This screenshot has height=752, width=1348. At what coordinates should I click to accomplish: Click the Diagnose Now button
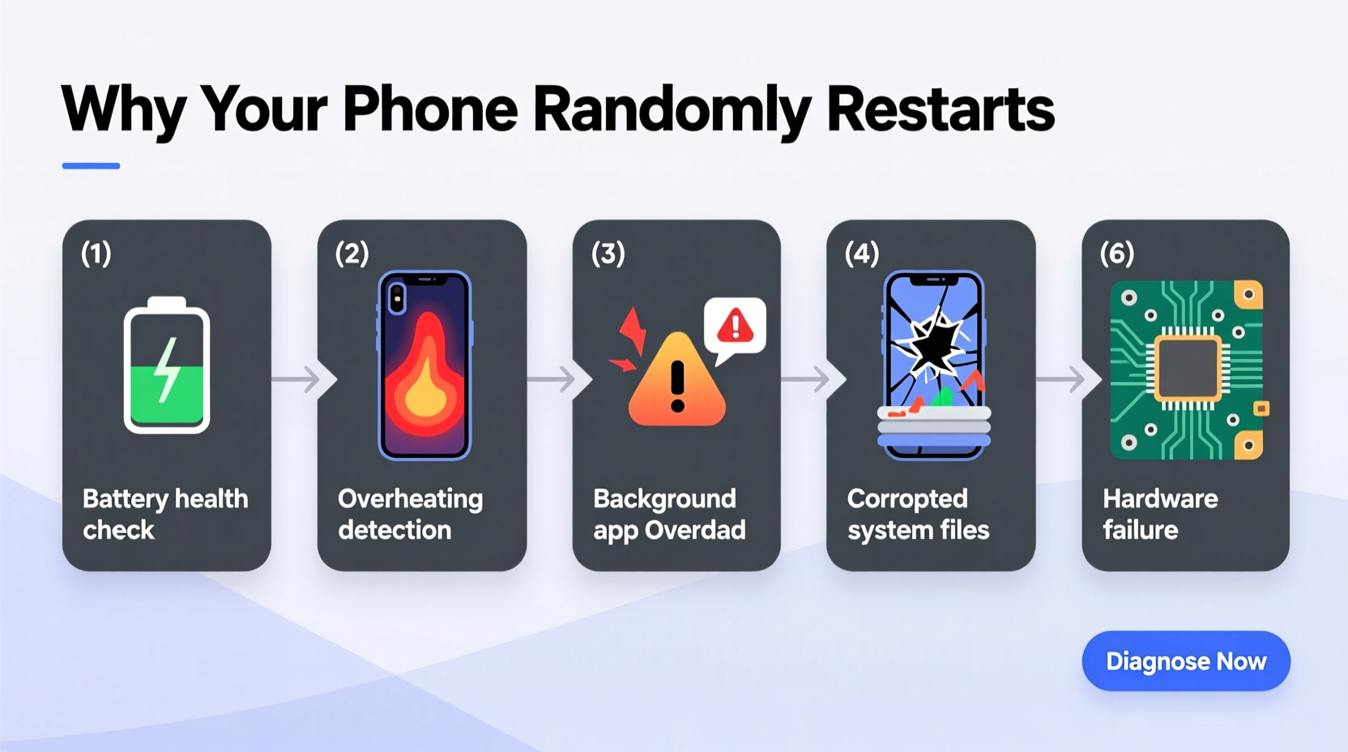pyautogui.click(x=1185, y=661)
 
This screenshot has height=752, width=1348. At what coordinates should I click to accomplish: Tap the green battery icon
pyautogui.click(x=167, y=366)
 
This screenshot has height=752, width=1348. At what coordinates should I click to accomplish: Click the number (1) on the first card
pyautogui.click(x=96, y=254)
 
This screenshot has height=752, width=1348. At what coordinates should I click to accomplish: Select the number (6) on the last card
pyautogui.click(x=1117, y=254)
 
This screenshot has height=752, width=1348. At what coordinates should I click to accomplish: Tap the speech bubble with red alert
pyautogui.click(x=735, y=327)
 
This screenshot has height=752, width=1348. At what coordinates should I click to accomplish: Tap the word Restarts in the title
pyautogui.click(x=940, y=109)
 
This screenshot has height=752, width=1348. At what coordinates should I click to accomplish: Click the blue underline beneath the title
pyautogui.click(x=91, y=166)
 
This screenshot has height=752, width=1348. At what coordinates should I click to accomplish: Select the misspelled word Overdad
pyautogui.click(x=695, y=531)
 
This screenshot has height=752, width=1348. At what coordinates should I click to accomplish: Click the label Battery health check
pyautogui.click(x=165, y=514)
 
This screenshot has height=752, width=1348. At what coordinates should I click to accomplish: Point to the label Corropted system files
pyautogui.click(x=918, y=514)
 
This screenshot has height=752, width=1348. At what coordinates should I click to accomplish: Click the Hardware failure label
pyautogui.click(x=1160, y=514)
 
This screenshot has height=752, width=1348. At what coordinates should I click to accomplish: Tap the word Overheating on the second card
pyautogui.click(x=410, y=499)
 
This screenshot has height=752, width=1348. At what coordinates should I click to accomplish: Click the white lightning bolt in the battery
pyautogui.click(x=168, y=370)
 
